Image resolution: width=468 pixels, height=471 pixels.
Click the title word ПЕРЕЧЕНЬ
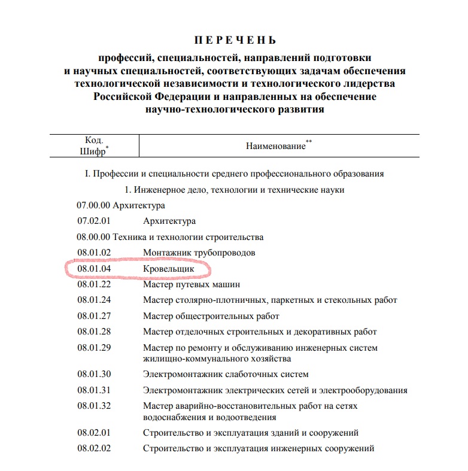pos(235,41)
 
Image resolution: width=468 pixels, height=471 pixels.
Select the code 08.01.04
pos(94,269)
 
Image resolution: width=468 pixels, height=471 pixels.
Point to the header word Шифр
pos(92,151)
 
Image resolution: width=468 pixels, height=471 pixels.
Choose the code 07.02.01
pos(94,221)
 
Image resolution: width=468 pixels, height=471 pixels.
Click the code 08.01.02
pos(94,253)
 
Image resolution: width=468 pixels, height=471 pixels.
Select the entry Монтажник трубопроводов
pos(199,253)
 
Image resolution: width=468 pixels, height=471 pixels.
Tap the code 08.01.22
pos(94,285)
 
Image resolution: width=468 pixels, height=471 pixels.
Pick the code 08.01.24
pos(94,300)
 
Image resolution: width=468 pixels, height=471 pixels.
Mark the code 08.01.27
pos(94,316)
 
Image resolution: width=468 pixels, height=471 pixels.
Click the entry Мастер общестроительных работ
pos(211,316)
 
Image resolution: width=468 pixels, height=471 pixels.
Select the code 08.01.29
pos(94,348)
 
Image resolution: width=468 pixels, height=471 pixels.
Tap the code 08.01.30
pos(94,375)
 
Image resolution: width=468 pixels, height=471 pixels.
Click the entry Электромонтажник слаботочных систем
pos(226,375)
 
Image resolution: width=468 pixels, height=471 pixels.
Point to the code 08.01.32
pos(94,406)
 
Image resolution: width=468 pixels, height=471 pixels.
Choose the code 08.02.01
pos(94,433)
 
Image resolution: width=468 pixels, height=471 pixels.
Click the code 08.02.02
pos(94,448)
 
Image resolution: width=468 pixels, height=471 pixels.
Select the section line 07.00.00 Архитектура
pos(120,205)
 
